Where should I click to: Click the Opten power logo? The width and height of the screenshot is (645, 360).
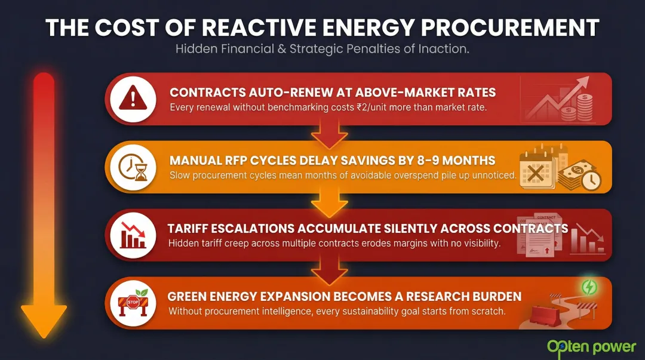(591, 347)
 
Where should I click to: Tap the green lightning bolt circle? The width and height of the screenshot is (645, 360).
(589, 288)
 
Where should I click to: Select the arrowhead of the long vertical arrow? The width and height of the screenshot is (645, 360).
(44, 319)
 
